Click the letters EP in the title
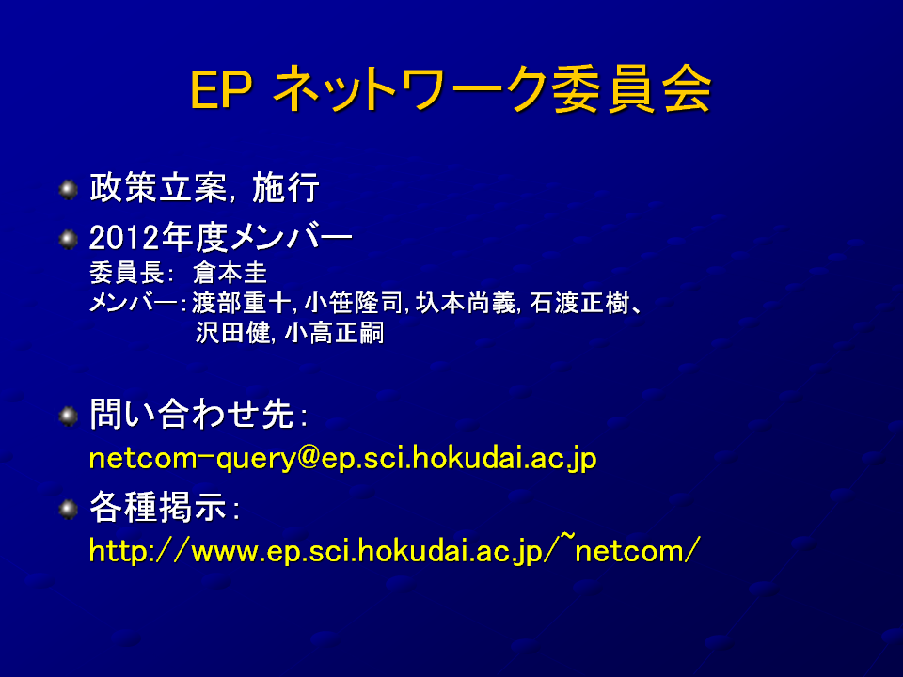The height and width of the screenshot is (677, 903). [x=221, y=90]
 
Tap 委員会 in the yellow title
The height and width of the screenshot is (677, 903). [x=631, y=89]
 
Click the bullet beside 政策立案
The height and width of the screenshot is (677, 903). [x=69, y=189]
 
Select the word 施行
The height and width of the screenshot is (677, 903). [x=286, y=188]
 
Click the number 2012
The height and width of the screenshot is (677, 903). [x=124, y=238]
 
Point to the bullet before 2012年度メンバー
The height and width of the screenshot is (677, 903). [x=69, y=239]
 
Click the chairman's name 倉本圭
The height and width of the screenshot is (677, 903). [x=230, y=273]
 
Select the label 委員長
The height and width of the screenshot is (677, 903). [x=127, y=273]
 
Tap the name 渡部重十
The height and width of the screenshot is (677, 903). [x=242, y=303]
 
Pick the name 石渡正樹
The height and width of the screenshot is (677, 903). [x=578, y=303]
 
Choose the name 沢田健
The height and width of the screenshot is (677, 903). [x=232, y=333]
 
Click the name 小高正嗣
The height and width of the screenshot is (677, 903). [x=334, y=333]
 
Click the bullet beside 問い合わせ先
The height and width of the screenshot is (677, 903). [x=69, y=416]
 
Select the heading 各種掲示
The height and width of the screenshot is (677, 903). [x=158, y=507]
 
